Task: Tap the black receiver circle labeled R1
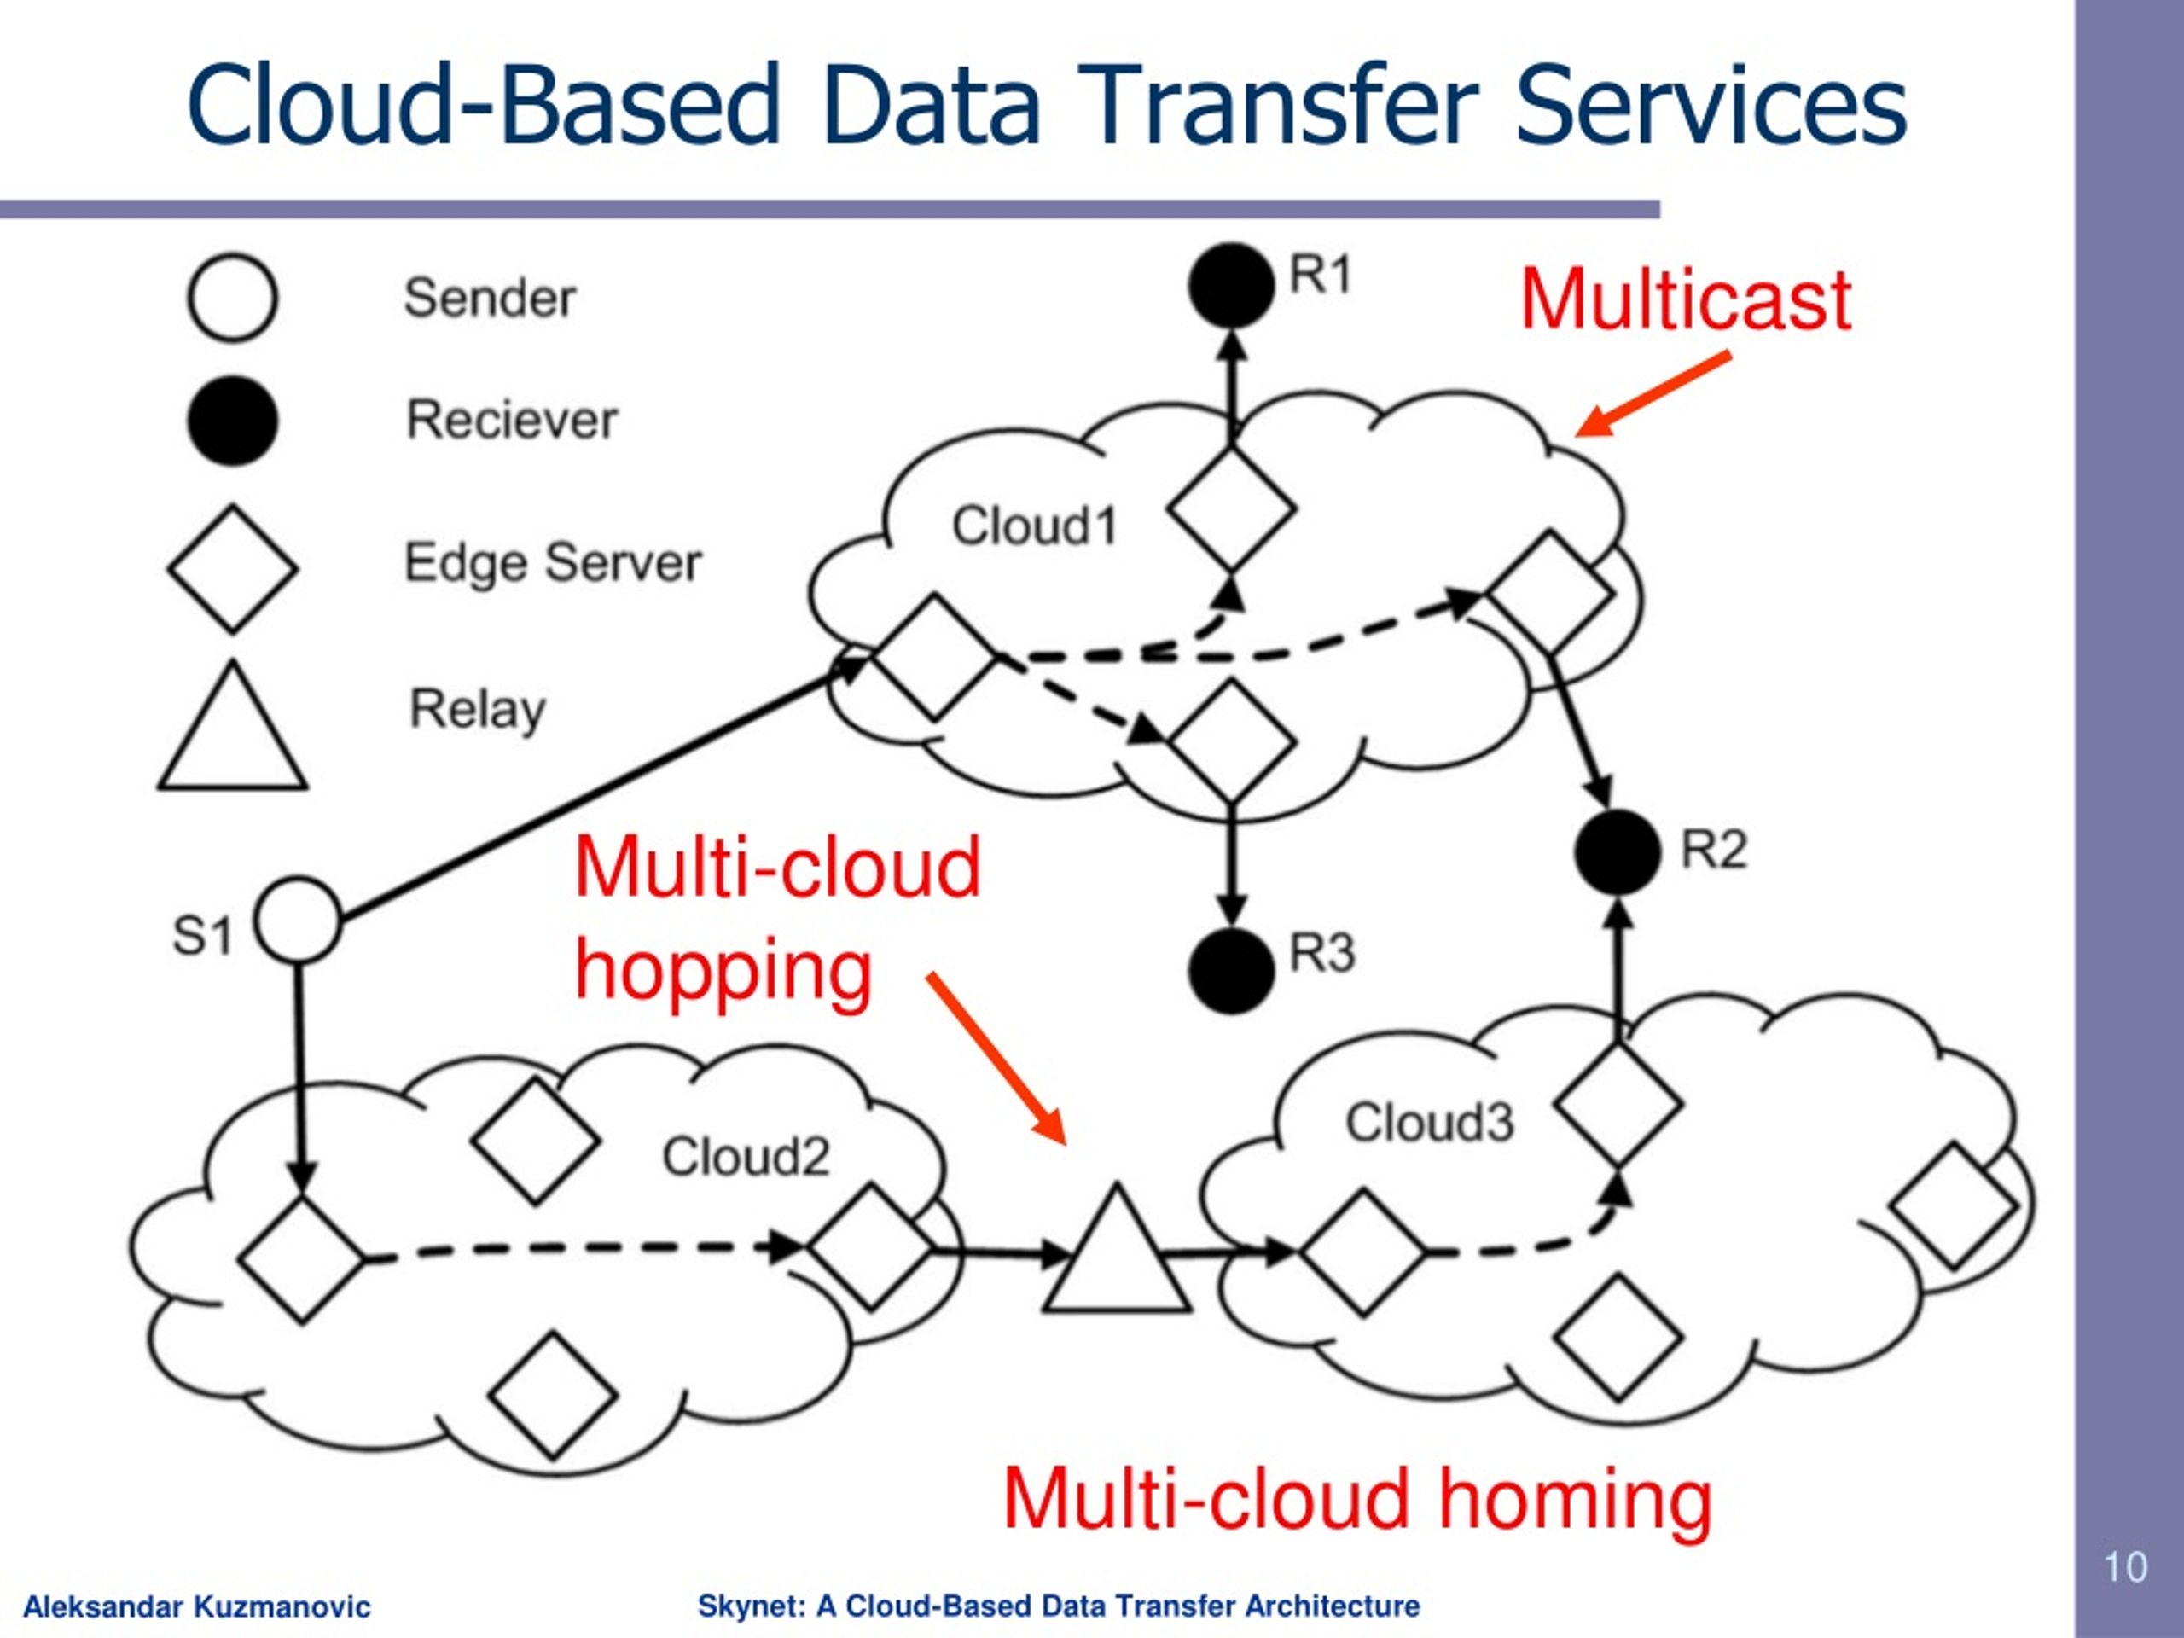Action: (x=1230, y=285)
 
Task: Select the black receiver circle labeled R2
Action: (x=1618, y=852)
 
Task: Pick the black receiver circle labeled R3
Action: (x=1230, y=971)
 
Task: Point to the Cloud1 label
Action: (x=1034, y=526)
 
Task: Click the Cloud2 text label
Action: (x=746, y=1156)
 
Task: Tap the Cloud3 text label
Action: (x=1429, y=1123)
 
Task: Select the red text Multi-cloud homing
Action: (x=1356, y=1499)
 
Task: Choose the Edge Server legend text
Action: (x=553, y=563)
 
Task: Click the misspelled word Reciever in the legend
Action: (x=511, y=420)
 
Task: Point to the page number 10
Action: (x=2125, y=1567)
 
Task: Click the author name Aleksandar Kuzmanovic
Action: (x=196, y=1606)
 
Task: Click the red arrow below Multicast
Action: (x=1654, y=394)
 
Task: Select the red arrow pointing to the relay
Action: (x=996, y=1059)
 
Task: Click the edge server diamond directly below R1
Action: (x=1230, y=508)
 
